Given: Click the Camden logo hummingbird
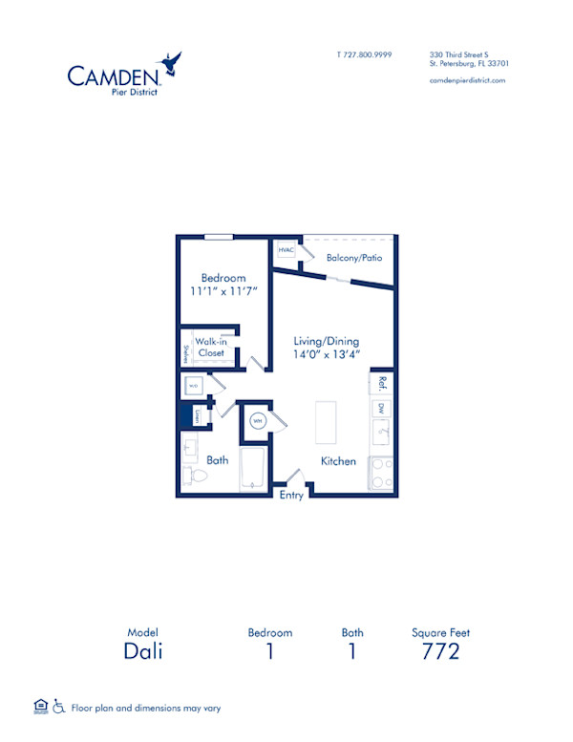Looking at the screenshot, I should tap(172, 63).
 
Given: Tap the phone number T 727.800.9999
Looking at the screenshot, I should tap(365, 54).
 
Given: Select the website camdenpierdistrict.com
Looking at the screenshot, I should tap(467, 80).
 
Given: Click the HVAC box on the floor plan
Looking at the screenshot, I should tap(286, 250).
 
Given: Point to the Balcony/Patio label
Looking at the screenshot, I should tap(353, 258).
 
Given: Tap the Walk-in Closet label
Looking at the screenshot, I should tap(210, 347).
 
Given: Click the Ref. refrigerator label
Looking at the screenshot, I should tap(381, 383).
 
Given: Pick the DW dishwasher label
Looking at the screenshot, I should tap(381, 409).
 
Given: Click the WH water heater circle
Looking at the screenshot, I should tap(257, 420).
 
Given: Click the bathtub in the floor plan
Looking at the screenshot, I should tap(252, 469).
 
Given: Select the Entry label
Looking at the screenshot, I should tap(290, 495).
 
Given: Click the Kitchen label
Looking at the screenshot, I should tap(338, 461).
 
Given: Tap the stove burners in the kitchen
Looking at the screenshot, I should tap(380, 472).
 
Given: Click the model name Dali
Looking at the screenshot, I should tap(142, 651).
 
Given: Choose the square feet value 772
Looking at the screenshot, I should tap(440, 651).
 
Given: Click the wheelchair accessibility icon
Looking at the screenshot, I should tap(58, 708).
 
